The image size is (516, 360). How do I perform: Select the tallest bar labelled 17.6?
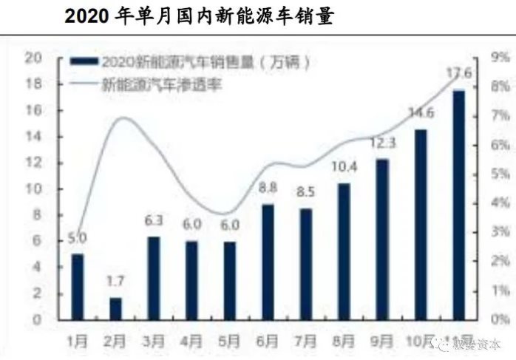[x=459, y=204]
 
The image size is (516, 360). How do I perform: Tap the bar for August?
[x=344, y=251]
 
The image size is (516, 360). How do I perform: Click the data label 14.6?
[x=420, y=113]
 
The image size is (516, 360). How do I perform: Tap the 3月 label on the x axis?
[x=155, y=342]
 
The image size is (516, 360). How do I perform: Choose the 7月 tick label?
[x=306, y=342]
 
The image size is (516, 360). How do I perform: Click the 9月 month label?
[x=382, y=342]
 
